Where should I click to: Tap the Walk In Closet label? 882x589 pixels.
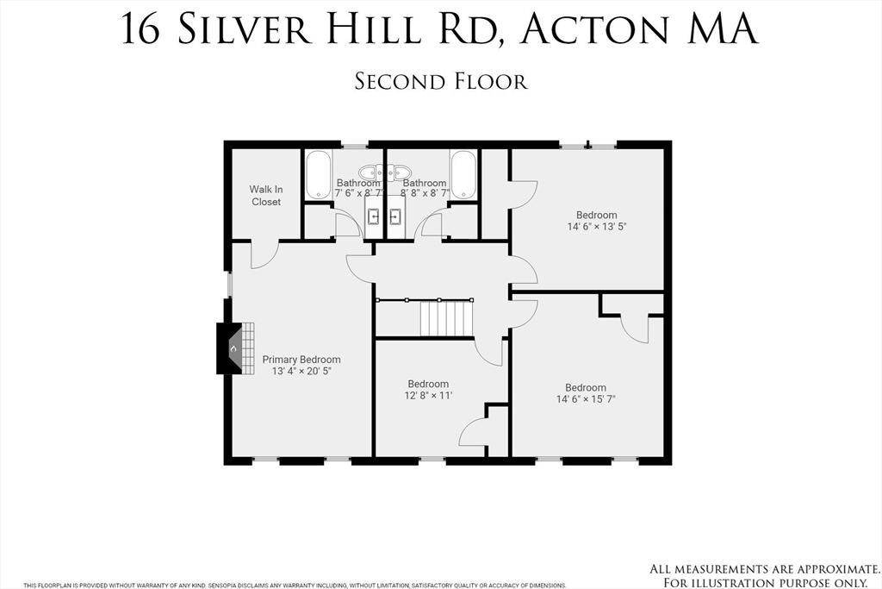coord(266,196)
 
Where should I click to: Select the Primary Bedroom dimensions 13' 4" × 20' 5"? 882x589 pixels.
coord(301,371)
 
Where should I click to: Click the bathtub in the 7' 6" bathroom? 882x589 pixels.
coord(317,174)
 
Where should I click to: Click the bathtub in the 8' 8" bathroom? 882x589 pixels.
coord(463,174)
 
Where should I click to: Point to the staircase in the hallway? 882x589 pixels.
coord(446,318)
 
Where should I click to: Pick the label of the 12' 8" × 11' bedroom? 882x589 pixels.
coord(428,384)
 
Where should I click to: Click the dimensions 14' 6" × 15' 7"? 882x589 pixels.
coord(586,399)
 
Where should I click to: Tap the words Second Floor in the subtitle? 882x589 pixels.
coord(440,82)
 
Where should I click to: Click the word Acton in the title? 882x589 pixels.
coord(594,29)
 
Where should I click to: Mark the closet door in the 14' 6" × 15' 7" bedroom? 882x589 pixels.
coord(635,329)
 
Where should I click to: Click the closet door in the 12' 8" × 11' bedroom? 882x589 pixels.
coord(475,432)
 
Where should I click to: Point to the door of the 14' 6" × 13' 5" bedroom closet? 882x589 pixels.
coord(524,194)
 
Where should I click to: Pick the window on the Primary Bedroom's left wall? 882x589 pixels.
coord(229,285)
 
